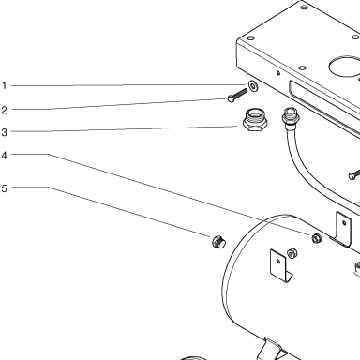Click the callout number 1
click(x=4, y=85)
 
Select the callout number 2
click(x=4, y=110)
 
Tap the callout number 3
click(x=4, y=132)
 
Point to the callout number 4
click(x=4, y=155)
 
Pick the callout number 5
click(x=4, y=188)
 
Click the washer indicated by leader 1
click(x=253, y=85)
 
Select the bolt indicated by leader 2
click(x=237, y=96)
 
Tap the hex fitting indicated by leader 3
click(x=255, y=119)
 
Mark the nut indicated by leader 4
click(x=317, y=238)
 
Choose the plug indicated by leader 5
click(x=218, y=242)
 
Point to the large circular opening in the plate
click(x=344, y=67)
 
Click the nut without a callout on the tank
click(x=292, y=253)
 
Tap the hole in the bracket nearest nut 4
click(x=344, y=223)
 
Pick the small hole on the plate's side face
click(x=278, y=73)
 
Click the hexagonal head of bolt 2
click(x=231, y=99)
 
